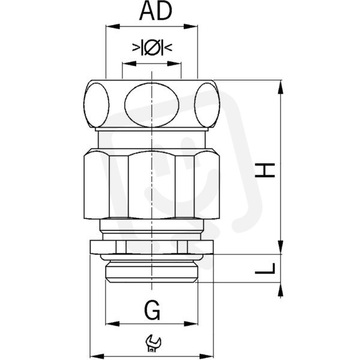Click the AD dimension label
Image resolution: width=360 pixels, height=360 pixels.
tap(155, 11)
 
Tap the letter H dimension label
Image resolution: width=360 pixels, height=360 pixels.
tap(265, 170)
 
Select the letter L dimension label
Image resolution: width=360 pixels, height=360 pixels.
tap(265, 268)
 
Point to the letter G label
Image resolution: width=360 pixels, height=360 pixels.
tap(152, 310)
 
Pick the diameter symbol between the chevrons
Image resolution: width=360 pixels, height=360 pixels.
tap(152, 47)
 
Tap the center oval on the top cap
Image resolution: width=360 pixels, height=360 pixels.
tap(152, 105)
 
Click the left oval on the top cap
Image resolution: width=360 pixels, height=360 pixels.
tap(97, 105)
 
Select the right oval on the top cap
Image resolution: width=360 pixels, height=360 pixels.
tap(207, 105)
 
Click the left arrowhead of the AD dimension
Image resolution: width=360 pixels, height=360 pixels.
tap(113, 26)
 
